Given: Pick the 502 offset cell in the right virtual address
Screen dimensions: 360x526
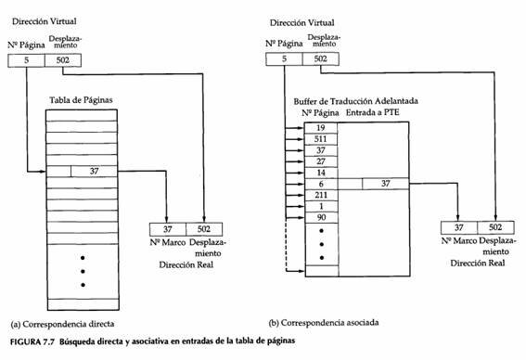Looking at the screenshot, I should [319, 59].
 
